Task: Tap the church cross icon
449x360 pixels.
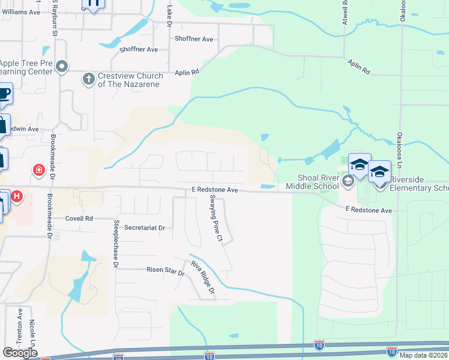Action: coord(88,79)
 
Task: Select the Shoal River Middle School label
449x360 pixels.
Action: coord(319,181)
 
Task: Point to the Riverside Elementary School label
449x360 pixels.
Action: coord(419,184)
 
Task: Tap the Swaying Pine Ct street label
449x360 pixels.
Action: coord(216,224)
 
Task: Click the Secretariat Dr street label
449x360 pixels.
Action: coord(145,228)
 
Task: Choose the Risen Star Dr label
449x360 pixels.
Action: coord(165,270)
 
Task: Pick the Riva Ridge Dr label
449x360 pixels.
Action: coord(203,280)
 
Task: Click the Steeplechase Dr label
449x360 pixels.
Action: coord(116,242)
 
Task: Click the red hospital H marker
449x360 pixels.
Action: coord(17,196)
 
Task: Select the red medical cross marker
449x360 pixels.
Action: coord(39,170)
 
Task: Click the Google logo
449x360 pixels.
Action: coord(19,353)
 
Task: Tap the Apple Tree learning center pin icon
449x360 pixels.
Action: coord(62,67)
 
